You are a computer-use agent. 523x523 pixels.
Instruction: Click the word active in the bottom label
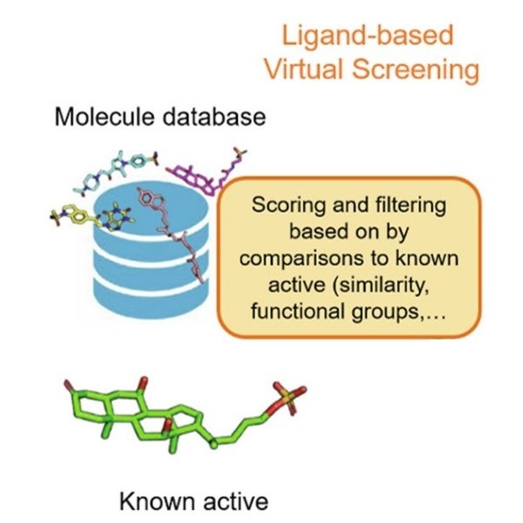point(236,500)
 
